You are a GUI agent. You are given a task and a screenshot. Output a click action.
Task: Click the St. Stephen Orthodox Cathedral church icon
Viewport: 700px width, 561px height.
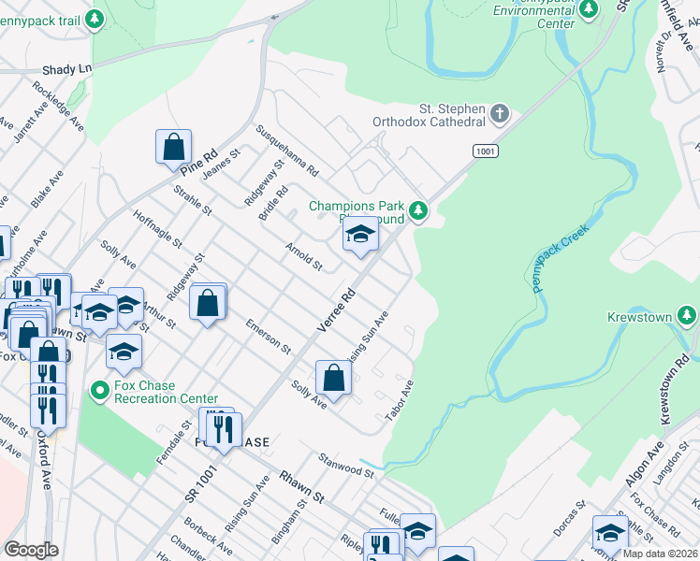point(500,115)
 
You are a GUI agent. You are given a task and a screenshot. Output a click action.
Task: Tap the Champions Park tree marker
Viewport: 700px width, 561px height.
point(419,211)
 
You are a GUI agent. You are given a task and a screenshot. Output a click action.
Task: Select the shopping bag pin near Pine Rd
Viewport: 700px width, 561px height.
point(173,147)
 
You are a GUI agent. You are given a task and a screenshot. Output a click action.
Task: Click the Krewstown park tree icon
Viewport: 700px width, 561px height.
point(687,317)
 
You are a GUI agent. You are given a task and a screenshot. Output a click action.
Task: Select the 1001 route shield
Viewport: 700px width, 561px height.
point(486,151)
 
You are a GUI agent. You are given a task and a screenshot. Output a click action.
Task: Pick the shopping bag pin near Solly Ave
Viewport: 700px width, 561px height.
point(333,378)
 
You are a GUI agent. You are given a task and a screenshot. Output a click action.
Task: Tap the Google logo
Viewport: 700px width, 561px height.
point(31,550)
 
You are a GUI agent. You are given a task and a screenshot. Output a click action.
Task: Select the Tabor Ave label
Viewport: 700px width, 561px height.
point(401,399)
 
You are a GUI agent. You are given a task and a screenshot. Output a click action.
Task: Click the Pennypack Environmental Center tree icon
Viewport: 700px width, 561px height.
point(589,9)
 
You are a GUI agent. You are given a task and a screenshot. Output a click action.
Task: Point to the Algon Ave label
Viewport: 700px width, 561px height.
point(638,482)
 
